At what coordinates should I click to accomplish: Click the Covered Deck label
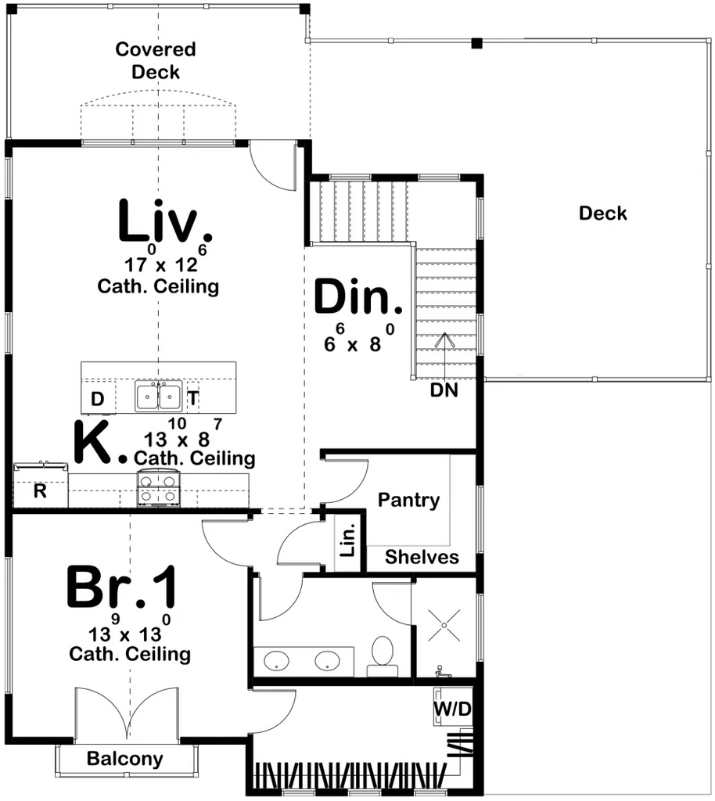[155, 60]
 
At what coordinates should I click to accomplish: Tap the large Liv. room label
[164, 221]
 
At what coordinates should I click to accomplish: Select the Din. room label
[357, 296]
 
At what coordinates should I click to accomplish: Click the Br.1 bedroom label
[121, 587]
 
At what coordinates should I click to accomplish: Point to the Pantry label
[408, 500]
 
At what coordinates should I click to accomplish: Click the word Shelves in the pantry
[422, 557]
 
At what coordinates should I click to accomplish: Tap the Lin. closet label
[348, 541]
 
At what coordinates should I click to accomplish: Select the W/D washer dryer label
[452, 709]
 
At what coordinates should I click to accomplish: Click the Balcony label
[125, 759]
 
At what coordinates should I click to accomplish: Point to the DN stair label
[444, 390]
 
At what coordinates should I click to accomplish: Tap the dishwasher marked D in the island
[98, 397]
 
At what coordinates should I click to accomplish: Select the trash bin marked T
[193, 397]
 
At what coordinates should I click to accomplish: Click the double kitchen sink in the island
[158, 396]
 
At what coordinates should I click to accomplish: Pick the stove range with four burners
[158, 488]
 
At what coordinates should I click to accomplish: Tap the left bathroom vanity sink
[276, 660]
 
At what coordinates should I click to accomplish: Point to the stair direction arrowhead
[444, 339]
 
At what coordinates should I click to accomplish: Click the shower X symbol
[444, 625]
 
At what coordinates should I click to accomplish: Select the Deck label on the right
[602, 213]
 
